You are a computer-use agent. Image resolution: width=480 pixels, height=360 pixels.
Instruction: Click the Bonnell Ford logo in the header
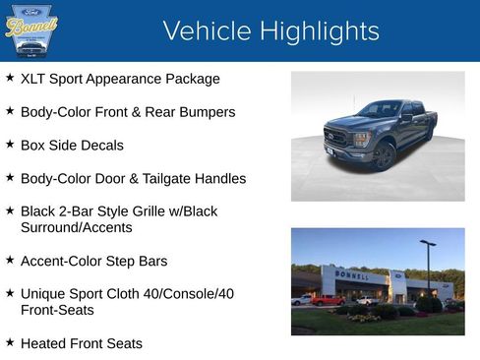31,30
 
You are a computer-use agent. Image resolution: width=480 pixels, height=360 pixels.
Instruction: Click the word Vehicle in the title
201,31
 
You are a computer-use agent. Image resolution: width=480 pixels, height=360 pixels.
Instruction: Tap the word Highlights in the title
312,31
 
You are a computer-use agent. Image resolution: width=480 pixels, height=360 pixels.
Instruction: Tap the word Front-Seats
57,310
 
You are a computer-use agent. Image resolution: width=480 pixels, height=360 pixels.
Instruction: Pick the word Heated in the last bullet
44,344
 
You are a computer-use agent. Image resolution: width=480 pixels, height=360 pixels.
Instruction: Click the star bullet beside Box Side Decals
10,145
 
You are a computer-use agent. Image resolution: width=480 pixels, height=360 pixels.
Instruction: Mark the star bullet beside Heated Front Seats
10,343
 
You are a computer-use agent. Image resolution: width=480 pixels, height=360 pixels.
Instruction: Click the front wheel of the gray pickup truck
384,156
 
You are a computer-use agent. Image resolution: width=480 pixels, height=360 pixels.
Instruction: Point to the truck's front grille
337,138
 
